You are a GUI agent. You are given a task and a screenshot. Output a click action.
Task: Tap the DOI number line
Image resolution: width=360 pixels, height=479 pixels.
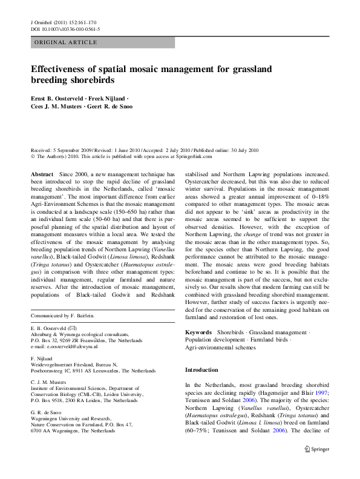tap(65, 29)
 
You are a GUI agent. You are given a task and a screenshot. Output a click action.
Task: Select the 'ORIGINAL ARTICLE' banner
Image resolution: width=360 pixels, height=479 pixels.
tap(66, 42)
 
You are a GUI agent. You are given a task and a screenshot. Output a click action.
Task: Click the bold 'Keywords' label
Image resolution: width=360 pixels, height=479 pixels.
tap(198, 332)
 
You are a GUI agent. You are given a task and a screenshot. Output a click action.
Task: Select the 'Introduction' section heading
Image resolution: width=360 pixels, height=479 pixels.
tap(201, 370)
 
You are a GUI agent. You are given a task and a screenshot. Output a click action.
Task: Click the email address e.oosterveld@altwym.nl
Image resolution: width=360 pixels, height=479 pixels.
tap(63, 347)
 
